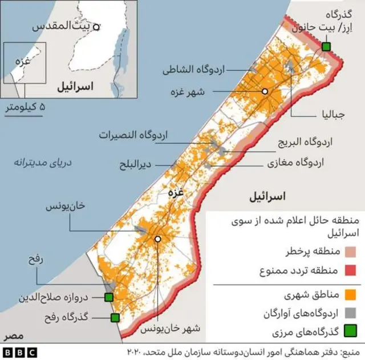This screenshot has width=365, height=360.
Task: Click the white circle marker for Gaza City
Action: coord(265,91)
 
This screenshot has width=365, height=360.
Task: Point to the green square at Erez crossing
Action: coord(326,46)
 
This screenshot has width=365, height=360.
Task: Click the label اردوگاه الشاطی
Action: coord(194,70)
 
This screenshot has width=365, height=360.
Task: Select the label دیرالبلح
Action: coord(135,165)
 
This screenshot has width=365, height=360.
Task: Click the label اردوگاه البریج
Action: coord(305,141)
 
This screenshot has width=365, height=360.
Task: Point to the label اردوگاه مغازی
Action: coord(295,162)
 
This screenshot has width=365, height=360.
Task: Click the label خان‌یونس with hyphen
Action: coord(65,207)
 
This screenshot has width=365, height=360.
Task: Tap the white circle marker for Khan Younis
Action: coord(157,240)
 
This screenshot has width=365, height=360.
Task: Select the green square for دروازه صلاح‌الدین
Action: coord(108,297)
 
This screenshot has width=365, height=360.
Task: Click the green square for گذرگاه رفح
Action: coord(115,317)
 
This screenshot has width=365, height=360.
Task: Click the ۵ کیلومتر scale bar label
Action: coord(25,107)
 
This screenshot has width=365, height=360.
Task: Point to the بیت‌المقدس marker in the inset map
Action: coord(96,26)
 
